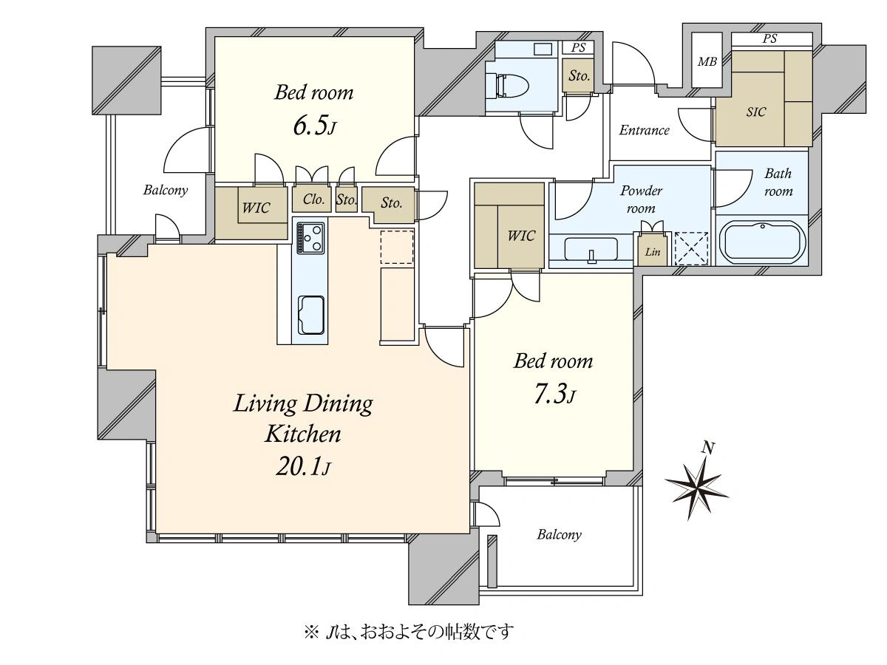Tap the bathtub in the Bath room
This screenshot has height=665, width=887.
pos(762,242)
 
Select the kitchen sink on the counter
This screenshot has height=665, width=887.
pos(310,316)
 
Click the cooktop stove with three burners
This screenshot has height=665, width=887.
pos(310,238)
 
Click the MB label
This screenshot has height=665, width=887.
pos(707,62)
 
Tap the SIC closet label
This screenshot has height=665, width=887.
pos(755,112)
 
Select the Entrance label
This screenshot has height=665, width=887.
pos(644,130)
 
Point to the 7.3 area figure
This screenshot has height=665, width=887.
pos(554,394)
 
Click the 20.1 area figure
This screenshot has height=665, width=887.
pos(303,468)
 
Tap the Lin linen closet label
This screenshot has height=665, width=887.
pos(653,252)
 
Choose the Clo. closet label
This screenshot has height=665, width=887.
pos(313,199)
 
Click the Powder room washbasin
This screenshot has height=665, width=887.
pos(591,250)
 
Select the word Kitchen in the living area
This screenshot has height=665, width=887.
pos(303,434)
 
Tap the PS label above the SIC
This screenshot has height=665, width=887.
pos(769,38)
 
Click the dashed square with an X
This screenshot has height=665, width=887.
pos(691,248)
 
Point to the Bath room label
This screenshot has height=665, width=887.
pos(778,182)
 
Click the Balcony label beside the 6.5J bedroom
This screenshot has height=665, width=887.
pos(166,190)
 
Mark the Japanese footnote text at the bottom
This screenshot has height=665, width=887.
pos(409,632)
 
